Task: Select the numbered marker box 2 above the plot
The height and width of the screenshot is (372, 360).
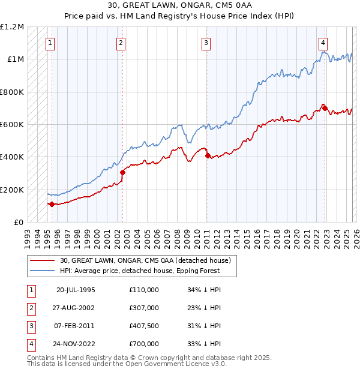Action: coord(121,43)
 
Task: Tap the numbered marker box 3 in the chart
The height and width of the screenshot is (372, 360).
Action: coord(206,43)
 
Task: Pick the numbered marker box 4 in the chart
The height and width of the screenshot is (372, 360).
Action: coord(323,43)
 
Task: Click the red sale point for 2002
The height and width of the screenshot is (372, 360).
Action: coord(122,172)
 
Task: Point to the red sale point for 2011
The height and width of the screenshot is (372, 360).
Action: coord(208,156)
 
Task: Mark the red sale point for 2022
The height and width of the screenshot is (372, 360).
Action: coord(325,108)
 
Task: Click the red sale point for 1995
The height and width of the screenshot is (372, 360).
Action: coord(52,204)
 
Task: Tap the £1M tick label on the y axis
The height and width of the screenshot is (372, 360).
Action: coord(16,59)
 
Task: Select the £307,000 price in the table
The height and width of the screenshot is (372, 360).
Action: coord(144,308)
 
